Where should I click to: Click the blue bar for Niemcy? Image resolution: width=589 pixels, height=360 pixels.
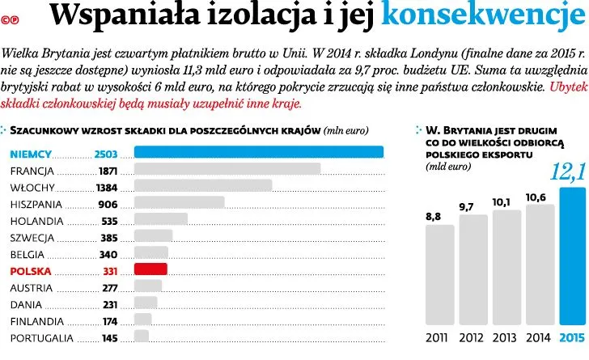[x=258, y=152]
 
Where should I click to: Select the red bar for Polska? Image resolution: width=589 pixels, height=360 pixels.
[x=150, y=269]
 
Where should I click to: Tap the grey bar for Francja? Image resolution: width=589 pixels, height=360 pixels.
[x=227, y=169]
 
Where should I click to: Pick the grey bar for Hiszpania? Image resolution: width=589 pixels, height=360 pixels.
[x=179, y=202]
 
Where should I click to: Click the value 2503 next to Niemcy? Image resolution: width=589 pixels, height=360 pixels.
[x=106, y=154]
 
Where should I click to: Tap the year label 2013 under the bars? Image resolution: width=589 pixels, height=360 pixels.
[x=506, y=337]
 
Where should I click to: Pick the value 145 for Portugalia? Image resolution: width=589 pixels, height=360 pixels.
[x=110, y=338]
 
